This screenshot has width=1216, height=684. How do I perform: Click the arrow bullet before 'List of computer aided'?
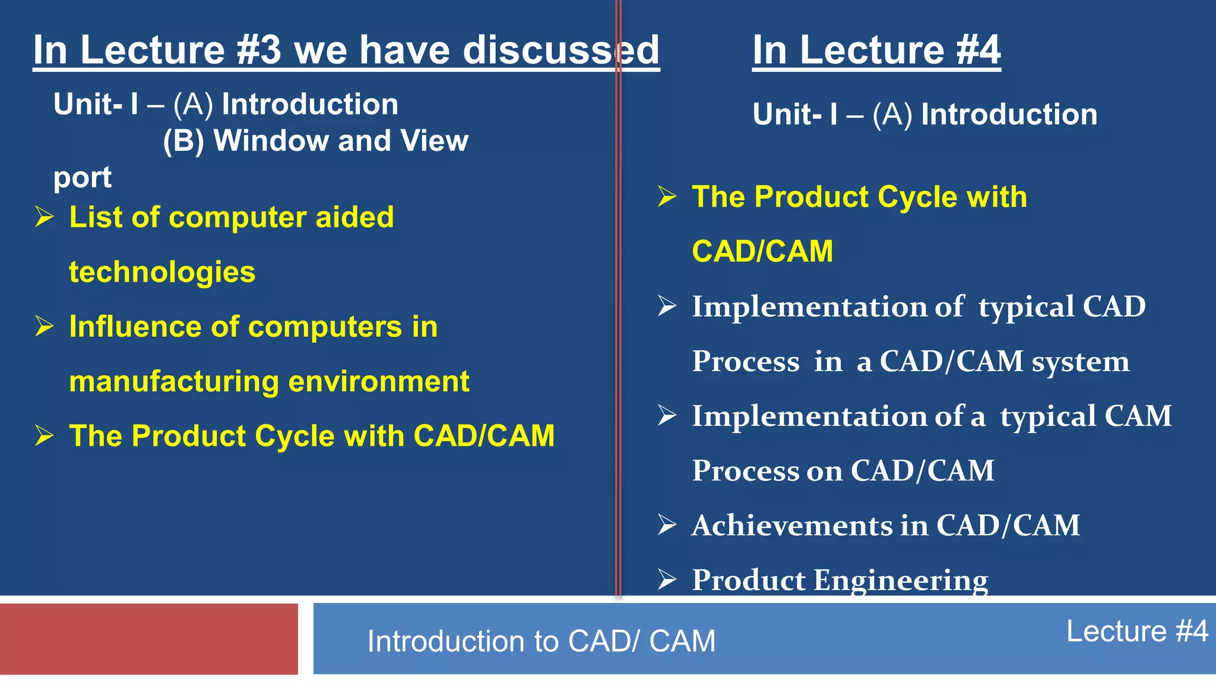point(45,217)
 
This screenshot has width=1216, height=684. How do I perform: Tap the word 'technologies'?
point(162,273)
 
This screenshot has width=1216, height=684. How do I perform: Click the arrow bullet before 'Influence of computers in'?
point(45,326)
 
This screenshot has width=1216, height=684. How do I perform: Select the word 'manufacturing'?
point(174,382)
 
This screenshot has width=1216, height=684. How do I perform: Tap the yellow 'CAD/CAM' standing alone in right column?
point(762,251)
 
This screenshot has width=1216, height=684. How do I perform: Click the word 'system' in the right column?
point(1081,362)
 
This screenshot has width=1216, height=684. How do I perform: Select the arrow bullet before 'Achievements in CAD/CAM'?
point(667,525)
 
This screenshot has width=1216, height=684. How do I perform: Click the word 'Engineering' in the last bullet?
point(901,581)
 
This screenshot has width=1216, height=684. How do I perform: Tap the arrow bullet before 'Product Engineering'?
point(667,579)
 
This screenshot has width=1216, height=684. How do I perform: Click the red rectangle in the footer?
point(149,639)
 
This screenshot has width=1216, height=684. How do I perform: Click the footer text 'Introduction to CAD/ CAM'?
point(541,641)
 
